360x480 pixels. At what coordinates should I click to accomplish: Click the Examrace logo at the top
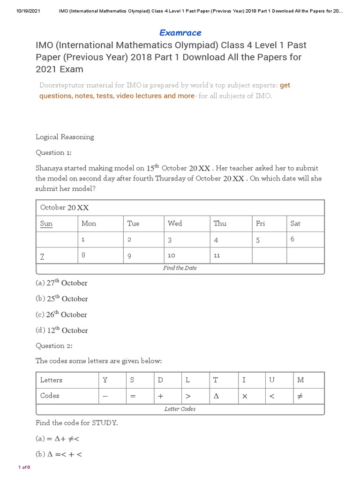pos(180,33)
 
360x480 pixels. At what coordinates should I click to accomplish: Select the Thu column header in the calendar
pos(220,224)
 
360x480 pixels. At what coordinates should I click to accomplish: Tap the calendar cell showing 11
pos(217,255)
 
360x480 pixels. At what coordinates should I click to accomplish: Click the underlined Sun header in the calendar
pos(46,224)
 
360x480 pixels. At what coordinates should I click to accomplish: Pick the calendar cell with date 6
pos(292,239)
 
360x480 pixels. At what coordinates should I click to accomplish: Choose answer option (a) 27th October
pos(61,283)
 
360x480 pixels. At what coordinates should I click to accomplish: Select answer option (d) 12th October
pos(61,330)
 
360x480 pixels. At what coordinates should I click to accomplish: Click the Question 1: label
pos(54,152)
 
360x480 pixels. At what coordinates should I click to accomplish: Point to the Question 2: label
pos(54,345)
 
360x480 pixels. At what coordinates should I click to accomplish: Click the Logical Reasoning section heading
pos(65,137)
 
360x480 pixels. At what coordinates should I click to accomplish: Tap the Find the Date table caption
pos(180,268)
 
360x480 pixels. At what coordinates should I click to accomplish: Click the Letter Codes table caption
pos(180,409)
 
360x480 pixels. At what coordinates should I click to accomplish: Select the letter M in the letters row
pos(300,380)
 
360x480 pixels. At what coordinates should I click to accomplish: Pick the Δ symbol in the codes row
pos(216,396)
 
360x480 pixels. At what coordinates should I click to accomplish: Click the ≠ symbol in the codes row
pos(300,396)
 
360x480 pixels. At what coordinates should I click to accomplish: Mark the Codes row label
pos(50,396)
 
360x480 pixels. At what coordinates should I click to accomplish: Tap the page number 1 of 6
pos(24,467)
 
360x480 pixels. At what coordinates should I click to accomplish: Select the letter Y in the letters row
pos(105,380)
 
